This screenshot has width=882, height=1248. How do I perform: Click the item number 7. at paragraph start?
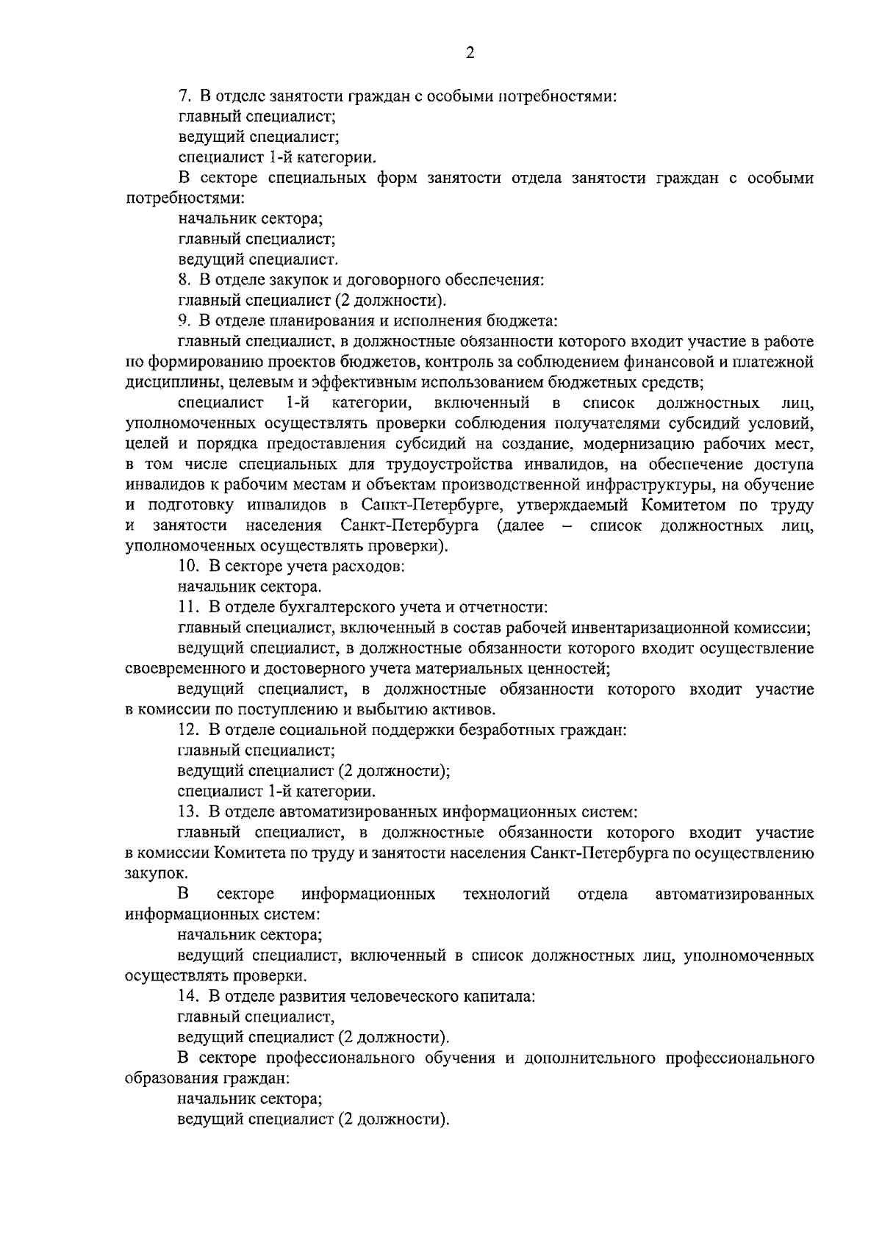[x=185, y=96]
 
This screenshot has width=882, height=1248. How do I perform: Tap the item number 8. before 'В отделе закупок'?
[x=185, y=280]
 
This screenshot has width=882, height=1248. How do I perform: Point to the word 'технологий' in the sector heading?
[x=506, y=894]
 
